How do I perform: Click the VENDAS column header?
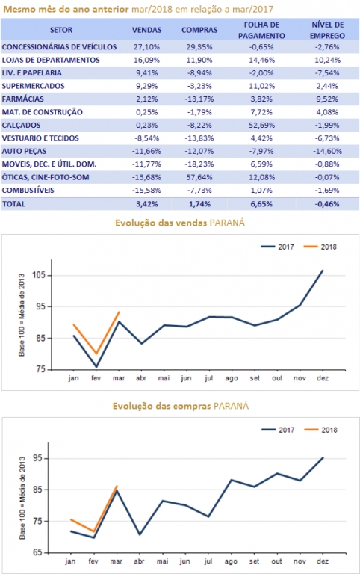(x=146, y=30)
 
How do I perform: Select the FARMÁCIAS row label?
(x=22, y=99)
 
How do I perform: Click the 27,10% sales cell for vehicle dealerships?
(x=146, y=47)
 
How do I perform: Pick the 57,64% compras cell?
(x=199, y=177)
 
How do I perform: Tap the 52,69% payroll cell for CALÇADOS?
(x=261, y=126)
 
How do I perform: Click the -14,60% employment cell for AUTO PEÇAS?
(x=327, y=151)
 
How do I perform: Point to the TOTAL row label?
(x=13, y=204)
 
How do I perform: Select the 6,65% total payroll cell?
(x=261, y=204)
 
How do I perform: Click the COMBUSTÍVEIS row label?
(x=28, y=191)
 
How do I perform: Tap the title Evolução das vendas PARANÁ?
(x=180, y=223)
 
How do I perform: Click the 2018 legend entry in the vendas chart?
(x=320, y=247)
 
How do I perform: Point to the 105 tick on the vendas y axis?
(x=39, y=275)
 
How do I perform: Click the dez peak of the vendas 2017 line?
(x=323, y=271)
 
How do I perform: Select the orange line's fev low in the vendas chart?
(x=96, y=354)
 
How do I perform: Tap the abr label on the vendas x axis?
(x=141, y=378)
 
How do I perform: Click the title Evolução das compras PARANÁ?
(x=181, y=406)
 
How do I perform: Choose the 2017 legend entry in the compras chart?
(x=278, y=430)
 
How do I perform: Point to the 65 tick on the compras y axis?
(x=38, y=552)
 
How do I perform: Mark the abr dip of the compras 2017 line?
(x=140, y=535)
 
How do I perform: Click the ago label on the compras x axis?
(x=231, y=561)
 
